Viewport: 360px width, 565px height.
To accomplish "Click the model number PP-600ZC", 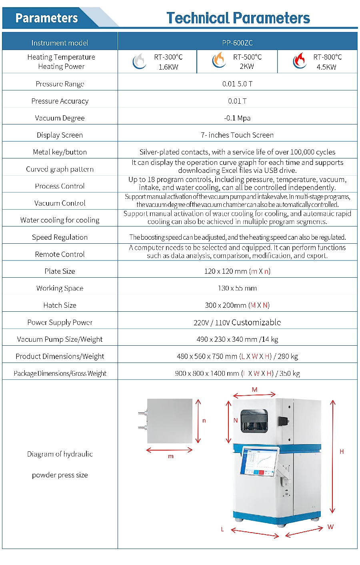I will click(237, 43).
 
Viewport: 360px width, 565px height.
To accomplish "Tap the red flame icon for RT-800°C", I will click(300, 61).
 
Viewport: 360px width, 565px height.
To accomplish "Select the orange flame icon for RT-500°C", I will click(219, 60).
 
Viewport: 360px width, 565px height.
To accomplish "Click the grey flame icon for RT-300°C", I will click(139, 61).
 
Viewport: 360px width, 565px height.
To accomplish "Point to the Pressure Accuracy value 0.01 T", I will click(237, 101).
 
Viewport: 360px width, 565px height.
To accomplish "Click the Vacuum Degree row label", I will click(60, 118).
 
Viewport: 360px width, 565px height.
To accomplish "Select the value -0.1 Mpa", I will click(237, 118).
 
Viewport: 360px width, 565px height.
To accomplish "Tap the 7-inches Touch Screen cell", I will click(237, 135).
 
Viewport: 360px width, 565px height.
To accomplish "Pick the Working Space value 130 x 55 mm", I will click(237, 288).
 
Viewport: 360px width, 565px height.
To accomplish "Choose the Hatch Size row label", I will click(60, 305).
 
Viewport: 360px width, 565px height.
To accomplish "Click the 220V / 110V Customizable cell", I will click(237, 323).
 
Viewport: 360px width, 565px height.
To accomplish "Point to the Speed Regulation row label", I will click(60, 237).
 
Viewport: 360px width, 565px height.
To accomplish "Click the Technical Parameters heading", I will click(238, 18).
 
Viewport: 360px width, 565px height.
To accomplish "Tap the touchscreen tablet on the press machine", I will click(259, 461).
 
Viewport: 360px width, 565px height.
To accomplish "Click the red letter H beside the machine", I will click(342, 451).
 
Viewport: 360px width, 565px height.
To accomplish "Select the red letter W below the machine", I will click(330, 527).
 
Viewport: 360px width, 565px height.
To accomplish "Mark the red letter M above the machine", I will click(255, 390).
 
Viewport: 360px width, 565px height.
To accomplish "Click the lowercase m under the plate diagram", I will click(171, 456).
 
